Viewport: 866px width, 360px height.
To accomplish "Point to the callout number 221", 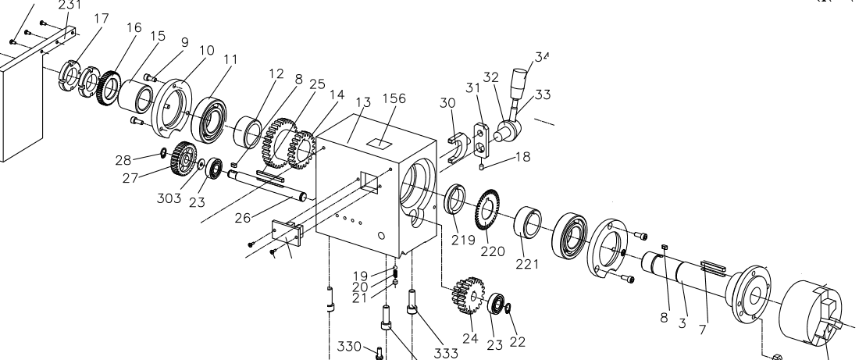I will point(528,264).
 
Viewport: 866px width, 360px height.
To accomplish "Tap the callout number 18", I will point(522,156).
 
